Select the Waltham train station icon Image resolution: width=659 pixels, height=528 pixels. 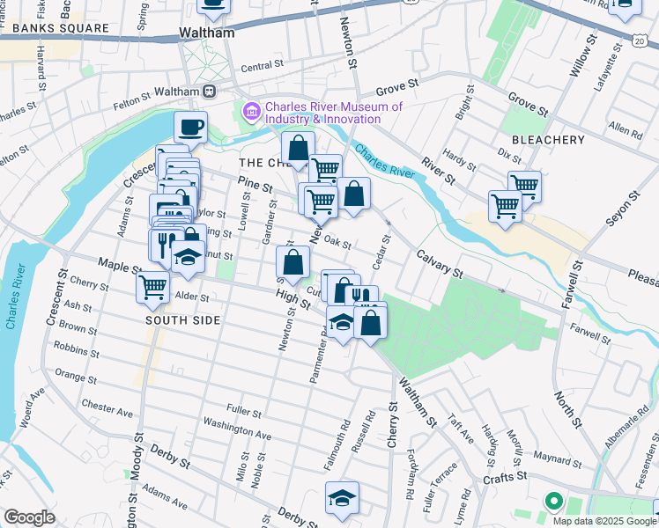click(x=210, y=91)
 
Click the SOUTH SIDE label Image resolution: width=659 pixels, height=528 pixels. click(x=182, y=320)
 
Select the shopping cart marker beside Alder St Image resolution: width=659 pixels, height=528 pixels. click(x=153, y=286)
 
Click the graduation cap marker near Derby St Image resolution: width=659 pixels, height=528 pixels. click(x=342, y=497)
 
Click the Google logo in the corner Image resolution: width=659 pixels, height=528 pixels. click(x=29, y=517)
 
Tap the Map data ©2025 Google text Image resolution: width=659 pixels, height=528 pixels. click(x=603, y=521)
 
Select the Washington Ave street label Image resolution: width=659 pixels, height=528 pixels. click(x=237, y=429)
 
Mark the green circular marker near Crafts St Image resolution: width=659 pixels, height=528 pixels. click(x=553, y=502)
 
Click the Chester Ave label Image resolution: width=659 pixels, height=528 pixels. click(x=107, y=409)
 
